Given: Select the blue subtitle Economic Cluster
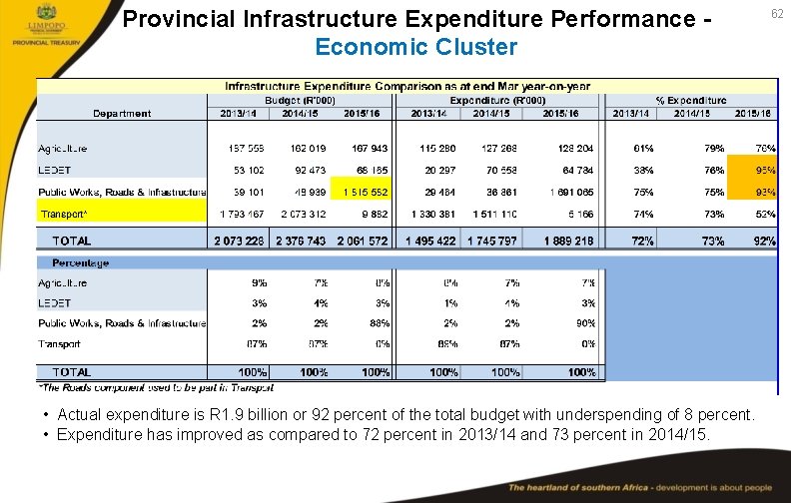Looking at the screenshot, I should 415,47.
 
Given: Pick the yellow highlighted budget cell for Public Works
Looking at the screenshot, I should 366,192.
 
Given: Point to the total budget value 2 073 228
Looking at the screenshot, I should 240,241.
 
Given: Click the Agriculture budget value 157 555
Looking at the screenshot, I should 244,149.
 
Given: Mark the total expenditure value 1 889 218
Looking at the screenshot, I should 569,241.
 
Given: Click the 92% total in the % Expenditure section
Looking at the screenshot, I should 763,241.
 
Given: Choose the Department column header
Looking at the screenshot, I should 123,114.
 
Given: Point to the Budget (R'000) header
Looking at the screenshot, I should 301,101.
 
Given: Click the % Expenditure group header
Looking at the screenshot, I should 690,101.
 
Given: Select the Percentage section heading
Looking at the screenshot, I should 74,263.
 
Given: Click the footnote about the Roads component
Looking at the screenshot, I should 156,387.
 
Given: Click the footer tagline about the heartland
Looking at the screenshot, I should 639,488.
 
